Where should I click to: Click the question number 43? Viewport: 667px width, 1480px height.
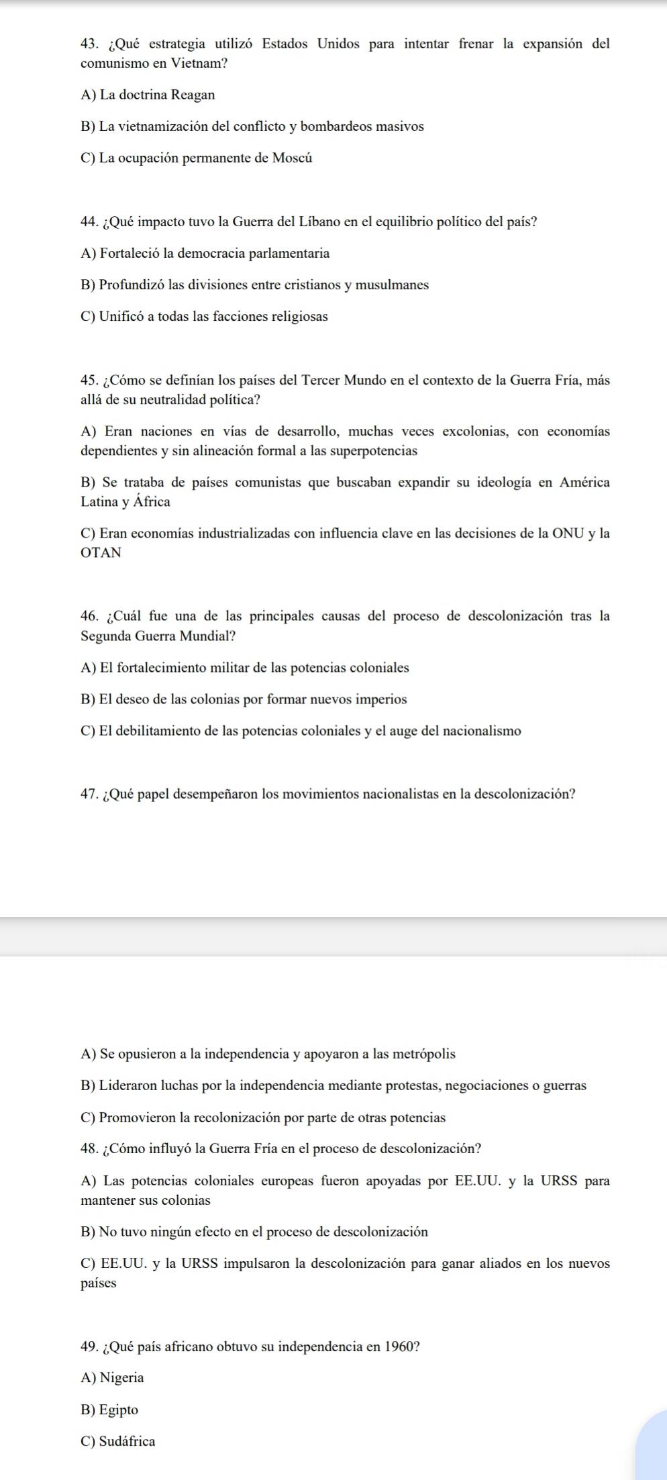pos(90,44)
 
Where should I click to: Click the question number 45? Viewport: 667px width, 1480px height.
pos(90,381)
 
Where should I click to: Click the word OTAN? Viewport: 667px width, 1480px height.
pos(101,553)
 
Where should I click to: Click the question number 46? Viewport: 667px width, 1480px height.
pos(90,616)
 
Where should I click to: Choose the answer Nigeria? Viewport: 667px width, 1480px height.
pos(121,1378)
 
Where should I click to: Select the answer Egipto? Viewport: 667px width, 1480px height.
pos(119,1410)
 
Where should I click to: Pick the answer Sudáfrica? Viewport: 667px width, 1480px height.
pos(127,1441)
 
